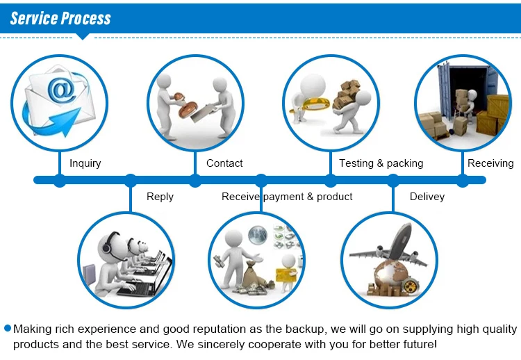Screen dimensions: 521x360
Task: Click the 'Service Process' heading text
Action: click(60, 17)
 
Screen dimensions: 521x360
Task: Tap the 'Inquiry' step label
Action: click(85, 163)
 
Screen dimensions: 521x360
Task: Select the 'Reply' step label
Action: click(160, 197)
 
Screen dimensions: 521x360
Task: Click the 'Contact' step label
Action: click(224, 163)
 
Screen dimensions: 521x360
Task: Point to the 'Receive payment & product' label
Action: click(287, 197)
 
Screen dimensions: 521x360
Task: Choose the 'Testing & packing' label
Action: click(381, 163)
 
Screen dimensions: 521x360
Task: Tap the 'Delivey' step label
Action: click(427, 197)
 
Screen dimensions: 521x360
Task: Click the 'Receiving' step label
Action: click(490, 163)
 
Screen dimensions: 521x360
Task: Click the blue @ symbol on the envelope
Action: click(60, 89)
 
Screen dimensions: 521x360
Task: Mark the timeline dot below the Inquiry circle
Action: click(60, 181)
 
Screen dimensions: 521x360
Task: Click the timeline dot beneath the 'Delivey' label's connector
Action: click(392, 181)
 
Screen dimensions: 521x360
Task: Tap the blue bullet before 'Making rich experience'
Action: click(8, 328)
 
